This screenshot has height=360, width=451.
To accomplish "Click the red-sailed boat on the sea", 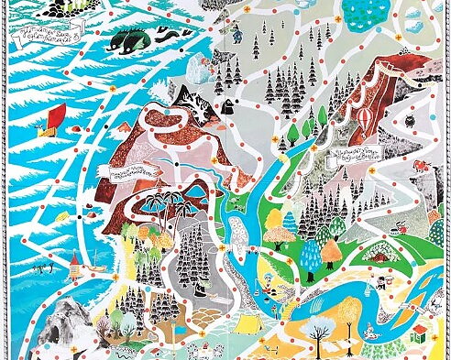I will coord(58,115).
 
